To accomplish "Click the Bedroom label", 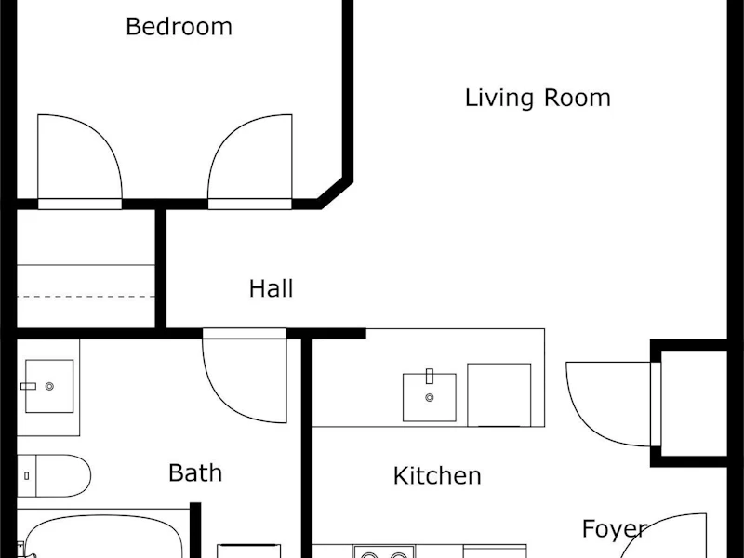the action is (179, 27).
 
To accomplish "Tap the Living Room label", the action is (538, 99).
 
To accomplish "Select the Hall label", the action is (271, 288).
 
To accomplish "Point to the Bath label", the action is (195, 472).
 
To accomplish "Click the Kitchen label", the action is (437, 475).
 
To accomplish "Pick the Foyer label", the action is (615, 529).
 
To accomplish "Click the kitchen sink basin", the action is (430, 398).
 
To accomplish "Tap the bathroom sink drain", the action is (49, 386).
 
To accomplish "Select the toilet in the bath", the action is (54, 476).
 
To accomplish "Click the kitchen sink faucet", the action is (430, 376).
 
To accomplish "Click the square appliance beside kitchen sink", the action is (499, 395).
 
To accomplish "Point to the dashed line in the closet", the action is (86, 297).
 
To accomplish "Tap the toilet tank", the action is (27, 476).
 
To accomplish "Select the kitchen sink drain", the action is (430, 398).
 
